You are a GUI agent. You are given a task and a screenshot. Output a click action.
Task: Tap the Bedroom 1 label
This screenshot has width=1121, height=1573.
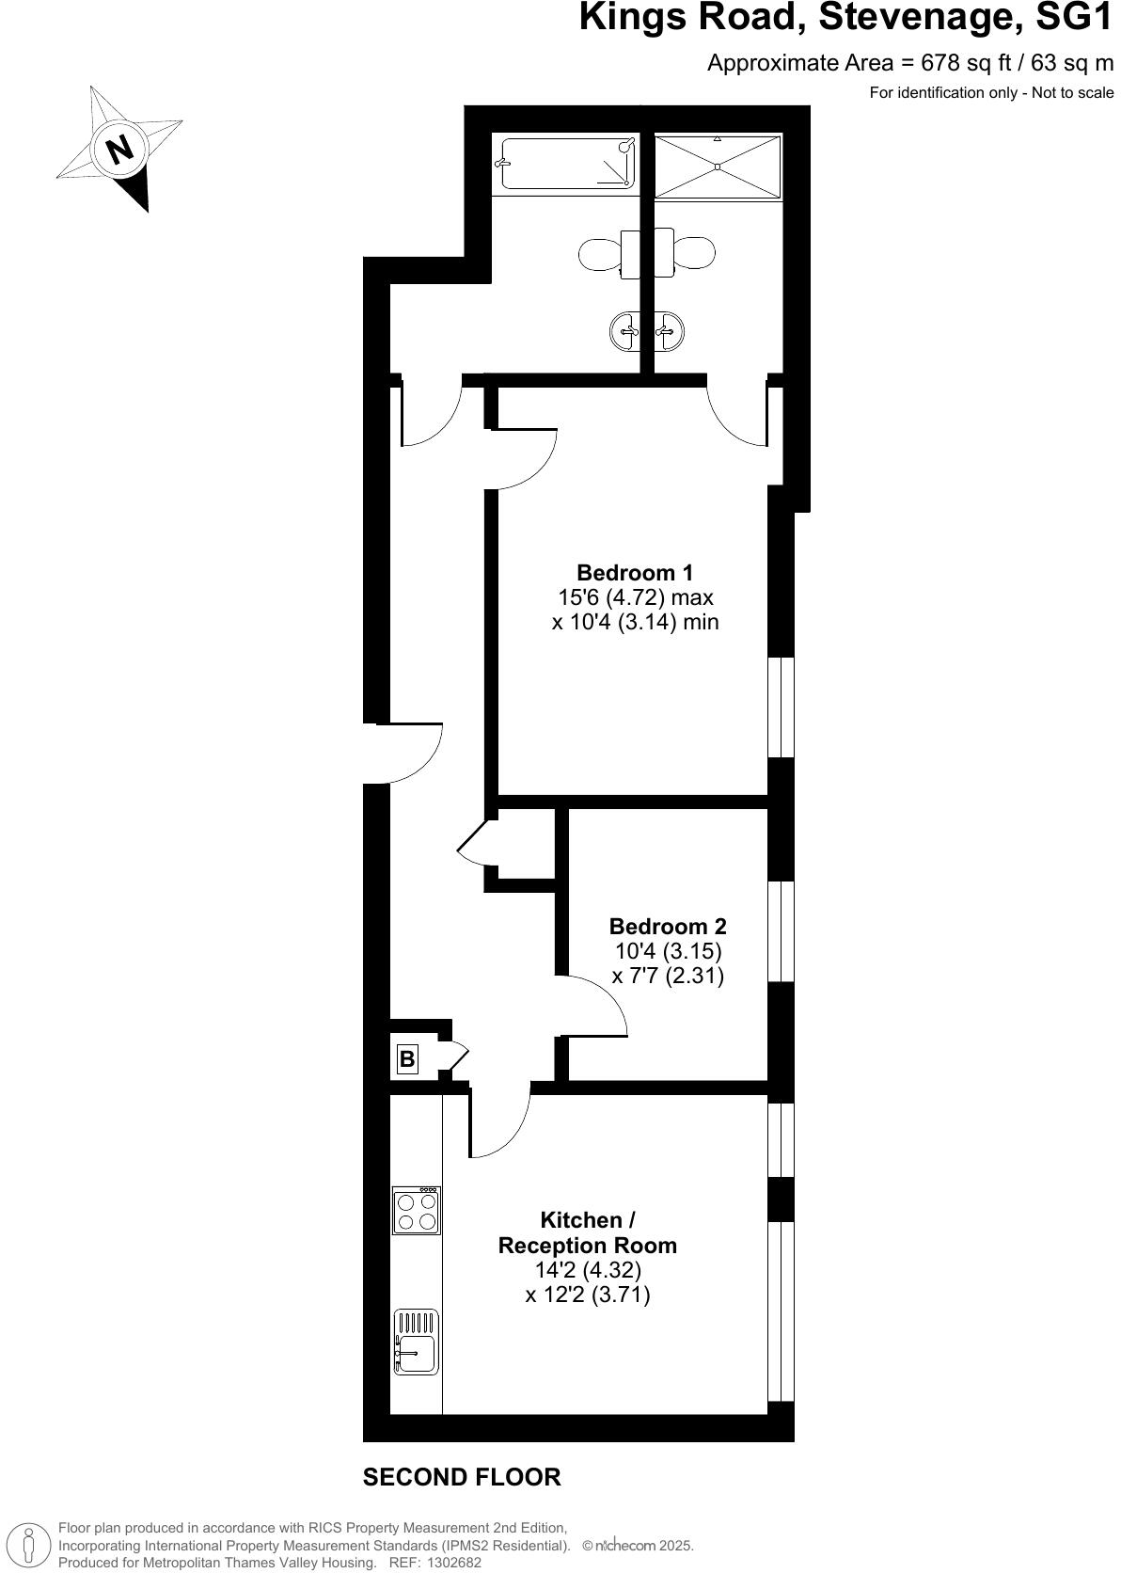tap(635, 572)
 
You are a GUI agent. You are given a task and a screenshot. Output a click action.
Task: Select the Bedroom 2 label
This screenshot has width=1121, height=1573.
tap(668, 926)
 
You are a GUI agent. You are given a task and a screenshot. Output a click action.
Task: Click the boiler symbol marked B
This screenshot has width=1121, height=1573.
tap(407, 1059)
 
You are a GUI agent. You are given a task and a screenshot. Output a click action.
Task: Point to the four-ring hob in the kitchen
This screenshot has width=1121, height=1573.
tap(417, 1211)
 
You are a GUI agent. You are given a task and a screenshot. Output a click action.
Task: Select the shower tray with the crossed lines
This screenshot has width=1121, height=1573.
tap(718, 167)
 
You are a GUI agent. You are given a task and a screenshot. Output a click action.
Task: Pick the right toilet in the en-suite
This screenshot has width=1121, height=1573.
tap(695, 253)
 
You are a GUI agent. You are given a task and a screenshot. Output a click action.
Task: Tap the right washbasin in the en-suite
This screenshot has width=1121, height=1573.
tap(670, 331)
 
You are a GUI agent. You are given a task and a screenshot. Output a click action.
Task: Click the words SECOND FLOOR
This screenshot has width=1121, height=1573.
tap(462, 1477)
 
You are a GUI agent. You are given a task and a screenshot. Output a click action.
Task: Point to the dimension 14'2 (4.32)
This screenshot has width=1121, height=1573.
tap(588, 1270)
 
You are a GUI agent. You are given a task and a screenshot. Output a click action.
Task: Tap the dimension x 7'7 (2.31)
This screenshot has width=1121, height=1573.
tap(668, 976)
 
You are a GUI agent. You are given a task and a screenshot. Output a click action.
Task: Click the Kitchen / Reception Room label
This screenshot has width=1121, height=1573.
tap(588, 1232)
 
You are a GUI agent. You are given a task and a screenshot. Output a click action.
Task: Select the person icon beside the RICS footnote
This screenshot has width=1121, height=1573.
tap(29, 1546)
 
